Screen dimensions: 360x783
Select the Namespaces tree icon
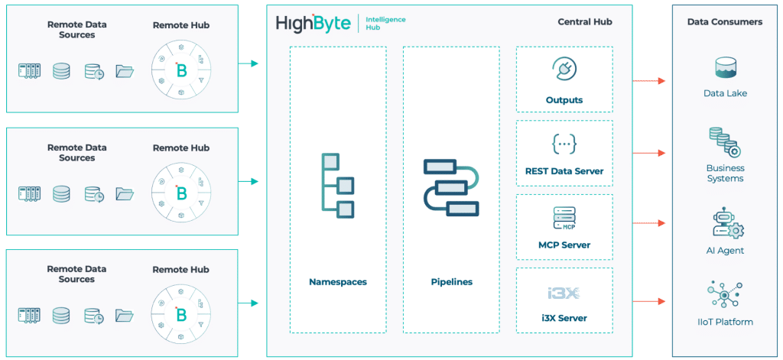[336, 186]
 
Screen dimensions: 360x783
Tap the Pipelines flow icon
[450, 187]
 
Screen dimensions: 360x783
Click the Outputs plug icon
[564, 69]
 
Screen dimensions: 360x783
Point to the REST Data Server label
[564, 171]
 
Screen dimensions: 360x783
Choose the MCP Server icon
[564, 218]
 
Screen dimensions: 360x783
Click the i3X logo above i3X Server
[564, 293]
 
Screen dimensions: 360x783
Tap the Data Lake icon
[724, 68]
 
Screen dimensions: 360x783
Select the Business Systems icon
[724, 142]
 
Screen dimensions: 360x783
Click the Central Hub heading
[585, 22]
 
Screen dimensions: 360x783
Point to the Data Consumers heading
[724, 22]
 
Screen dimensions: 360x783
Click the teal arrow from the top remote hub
[249, 63]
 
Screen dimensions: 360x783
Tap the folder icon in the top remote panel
[124, 72]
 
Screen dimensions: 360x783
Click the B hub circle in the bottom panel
[181, 314]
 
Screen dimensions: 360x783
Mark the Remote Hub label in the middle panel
[180, 148]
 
